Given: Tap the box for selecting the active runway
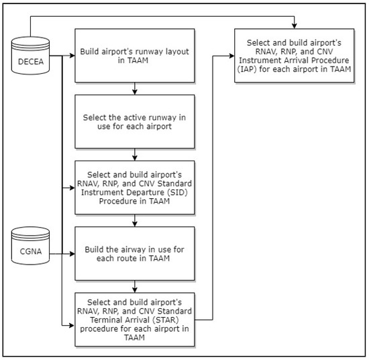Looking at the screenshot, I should coord(136,122).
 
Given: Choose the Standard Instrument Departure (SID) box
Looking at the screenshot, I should coord(136,187).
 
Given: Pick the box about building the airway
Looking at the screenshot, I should coord(136,254).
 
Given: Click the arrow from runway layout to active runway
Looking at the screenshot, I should coord(136,88).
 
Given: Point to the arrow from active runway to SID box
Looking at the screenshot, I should coord(136,154).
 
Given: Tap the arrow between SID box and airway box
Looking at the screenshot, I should coord(136,220).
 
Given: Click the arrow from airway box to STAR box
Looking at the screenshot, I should coord(136,287).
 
